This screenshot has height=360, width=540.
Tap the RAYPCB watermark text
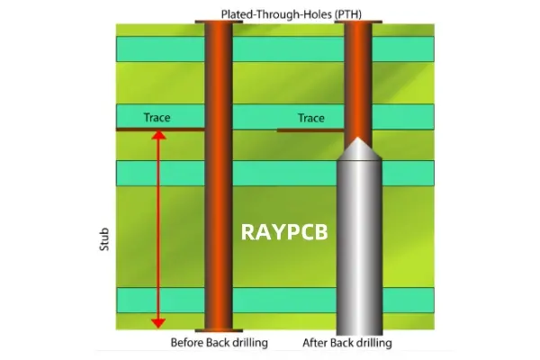[x=283, y=231]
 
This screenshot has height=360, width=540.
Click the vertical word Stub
[x=103, y=239]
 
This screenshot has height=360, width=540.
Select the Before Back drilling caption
[x=220, y=343]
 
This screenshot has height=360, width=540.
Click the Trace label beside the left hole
[x=157, y=118]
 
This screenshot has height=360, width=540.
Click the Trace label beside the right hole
[x=310, y=118]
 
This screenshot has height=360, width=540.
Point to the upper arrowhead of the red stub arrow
[x=158, y=136]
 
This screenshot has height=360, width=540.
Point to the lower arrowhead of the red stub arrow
[x=158, y=320]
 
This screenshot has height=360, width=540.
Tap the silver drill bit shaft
[x=358, y=243]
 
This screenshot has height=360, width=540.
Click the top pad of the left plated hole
[x=219, y=21]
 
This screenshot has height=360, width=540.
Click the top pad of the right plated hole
[x=358, y=21]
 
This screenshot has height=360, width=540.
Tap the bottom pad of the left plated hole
[x=219, y=329]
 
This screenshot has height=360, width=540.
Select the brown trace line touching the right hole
[x=310, y=130]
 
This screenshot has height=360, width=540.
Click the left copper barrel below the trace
[x=219, y=225]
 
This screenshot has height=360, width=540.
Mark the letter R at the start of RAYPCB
[x=247, y=231]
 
